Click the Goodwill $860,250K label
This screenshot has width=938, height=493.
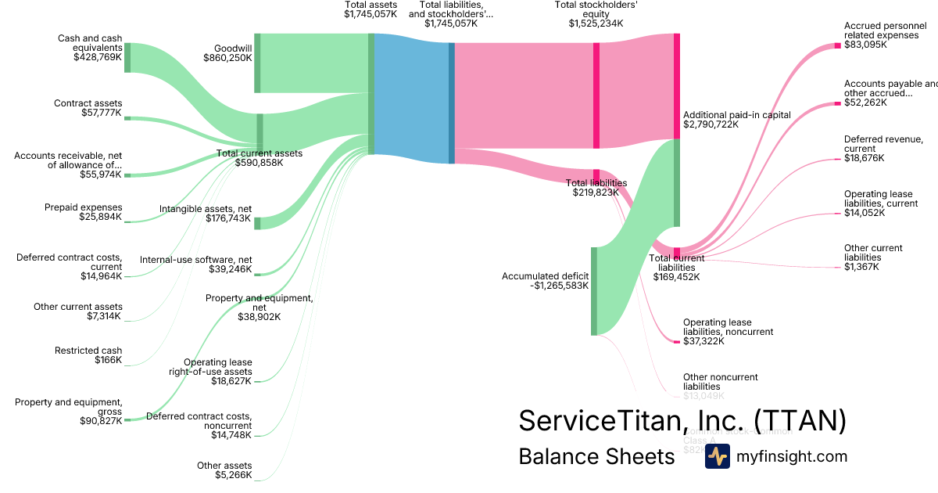tap(227, 52)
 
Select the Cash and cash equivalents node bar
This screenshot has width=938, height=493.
tap(127, 58)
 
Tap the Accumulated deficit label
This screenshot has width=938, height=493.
tap(545, 281)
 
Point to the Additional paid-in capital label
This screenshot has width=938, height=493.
tap(736, 119)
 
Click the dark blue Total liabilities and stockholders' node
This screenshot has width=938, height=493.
tap(452, 103)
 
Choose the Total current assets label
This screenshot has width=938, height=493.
tap(259, 158)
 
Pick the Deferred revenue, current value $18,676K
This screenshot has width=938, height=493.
tap(864, 158)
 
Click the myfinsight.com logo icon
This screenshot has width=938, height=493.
tap(717, 456)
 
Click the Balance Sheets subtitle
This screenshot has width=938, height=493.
tap(596, 456)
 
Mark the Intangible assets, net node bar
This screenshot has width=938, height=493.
tap(257, 223)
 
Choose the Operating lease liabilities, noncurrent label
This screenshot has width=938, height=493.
tap(728, 332)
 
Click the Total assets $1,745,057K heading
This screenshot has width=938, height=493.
tap(371, 10)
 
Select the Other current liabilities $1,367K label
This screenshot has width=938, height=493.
tap(873, 257)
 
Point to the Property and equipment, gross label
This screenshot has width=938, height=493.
tap(69, 412)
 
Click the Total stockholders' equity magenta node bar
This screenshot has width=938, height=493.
tap(596, 95)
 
